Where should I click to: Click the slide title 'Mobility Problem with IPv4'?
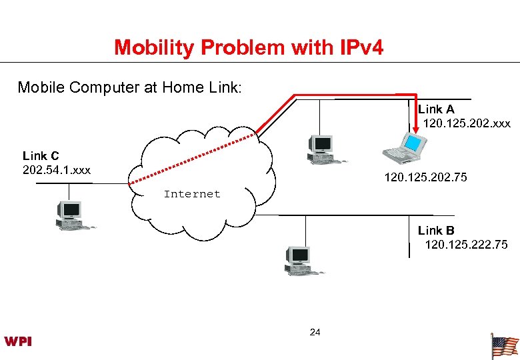click(x=249, y=48)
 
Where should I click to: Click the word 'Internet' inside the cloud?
click(x=192, y=194)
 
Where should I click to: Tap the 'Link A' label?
click(x=437, y=109)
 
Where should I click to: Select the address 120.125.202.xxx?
click(x=467, y=123)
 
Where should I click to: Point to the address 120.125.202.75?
click(x=425, y=177)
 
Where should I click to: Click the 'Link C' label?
click(x=41, y=156)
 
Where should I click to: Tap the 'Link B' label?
click(x=436, y=231)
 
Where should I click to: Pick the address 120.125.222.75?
click(x=466, y=245)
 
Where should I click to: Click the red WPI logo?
click(x=19, y=341)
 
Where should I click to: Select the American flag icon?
click(x=504, y=346)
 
